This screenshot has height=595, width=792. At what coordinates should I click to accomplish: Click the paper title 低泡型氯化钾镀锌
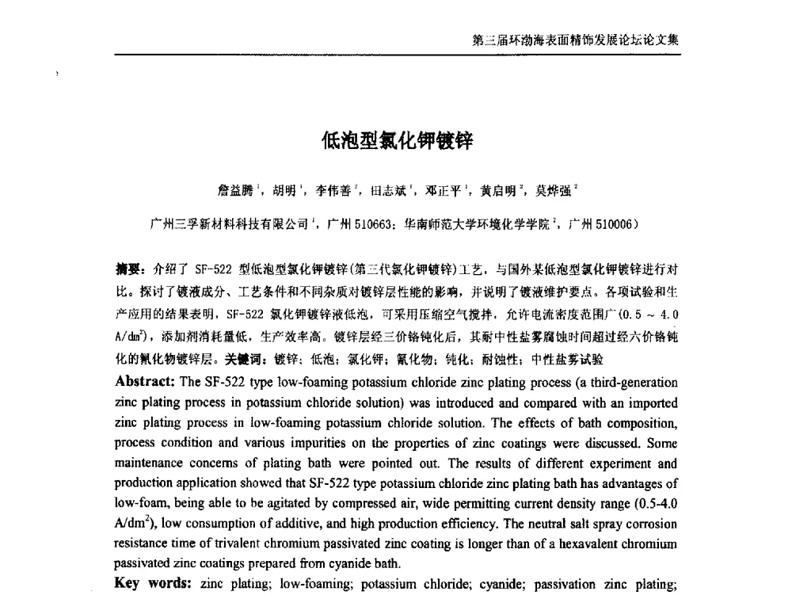pos(396,142)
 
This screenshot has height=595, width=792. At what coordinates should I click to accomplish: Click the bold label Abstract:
pos(146,381)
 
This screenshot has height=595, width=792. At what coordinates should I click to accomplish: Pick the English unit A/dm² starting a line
pos(131,524)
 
